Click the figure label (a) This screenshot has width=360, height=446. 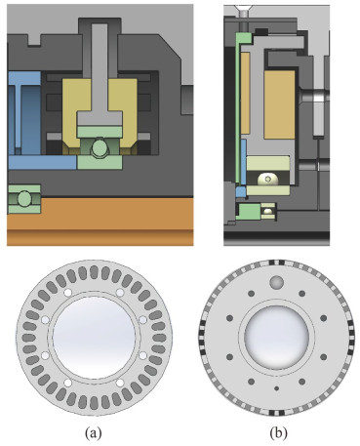point(94,433)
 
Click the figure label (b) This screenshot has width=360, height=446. point(279,433)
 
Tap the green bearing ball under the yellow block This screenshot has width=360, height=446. point(99,148)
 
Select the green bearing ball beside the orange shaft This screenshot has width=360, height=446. point(23,199)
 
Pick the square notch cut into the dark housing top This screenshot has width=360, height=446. point(34,39)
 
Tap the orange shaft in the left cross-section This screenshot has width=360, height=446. point(100,222)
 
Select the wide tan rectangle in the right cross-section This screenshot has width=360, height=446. point(280,104)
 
